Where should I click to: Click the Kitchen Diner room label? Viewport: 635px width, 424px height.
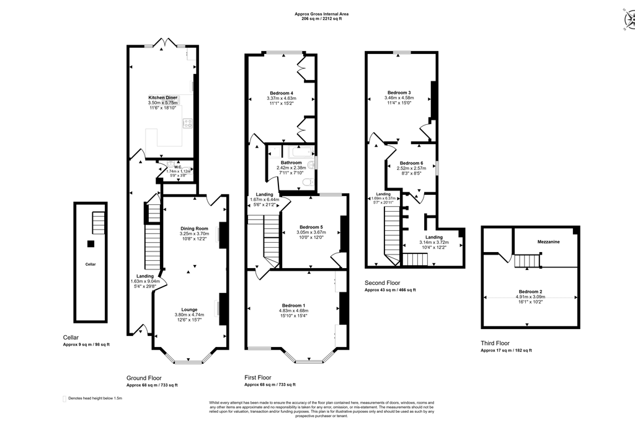(x=163, y=97)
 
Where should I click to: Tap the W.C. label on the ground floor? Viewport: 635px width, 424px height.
(x=177, y=166)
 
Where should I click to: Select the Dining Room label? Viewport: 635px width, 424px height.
(x=193, y=228)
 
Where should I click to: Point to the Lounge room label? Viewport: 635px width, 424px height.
(x=189, y=309)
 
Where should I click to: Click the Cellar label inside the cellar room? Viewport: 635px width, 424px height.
(x=91, y=264)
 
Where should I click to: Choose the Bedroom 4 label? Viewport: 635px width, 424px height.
(x=282, y=93)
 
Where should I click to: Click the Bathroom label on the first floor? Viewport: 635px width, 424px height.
(x=291, y=163)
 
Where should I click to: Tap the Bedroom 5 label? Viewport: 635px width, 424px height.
(x=311, y=227)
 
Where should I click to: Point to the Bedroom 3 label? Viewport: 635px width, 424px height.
(x=399, y=92)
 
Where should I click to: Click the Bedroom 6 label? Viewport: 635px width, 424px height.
(x=411, y=163)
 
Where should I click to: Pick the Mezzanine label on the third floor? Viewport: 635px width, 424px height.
(x=548, y=241)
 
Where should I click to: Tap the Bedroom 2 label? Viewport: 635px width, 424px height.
(x=531, y=291)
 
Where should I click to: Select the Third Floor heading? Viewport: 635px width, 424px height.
(x=495, y=343)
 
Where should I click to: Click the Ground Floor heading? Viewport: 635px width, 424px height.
(x=144, y=377)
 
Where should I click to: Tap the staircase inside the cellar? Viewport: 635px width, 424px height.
(x=99, y=223)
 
